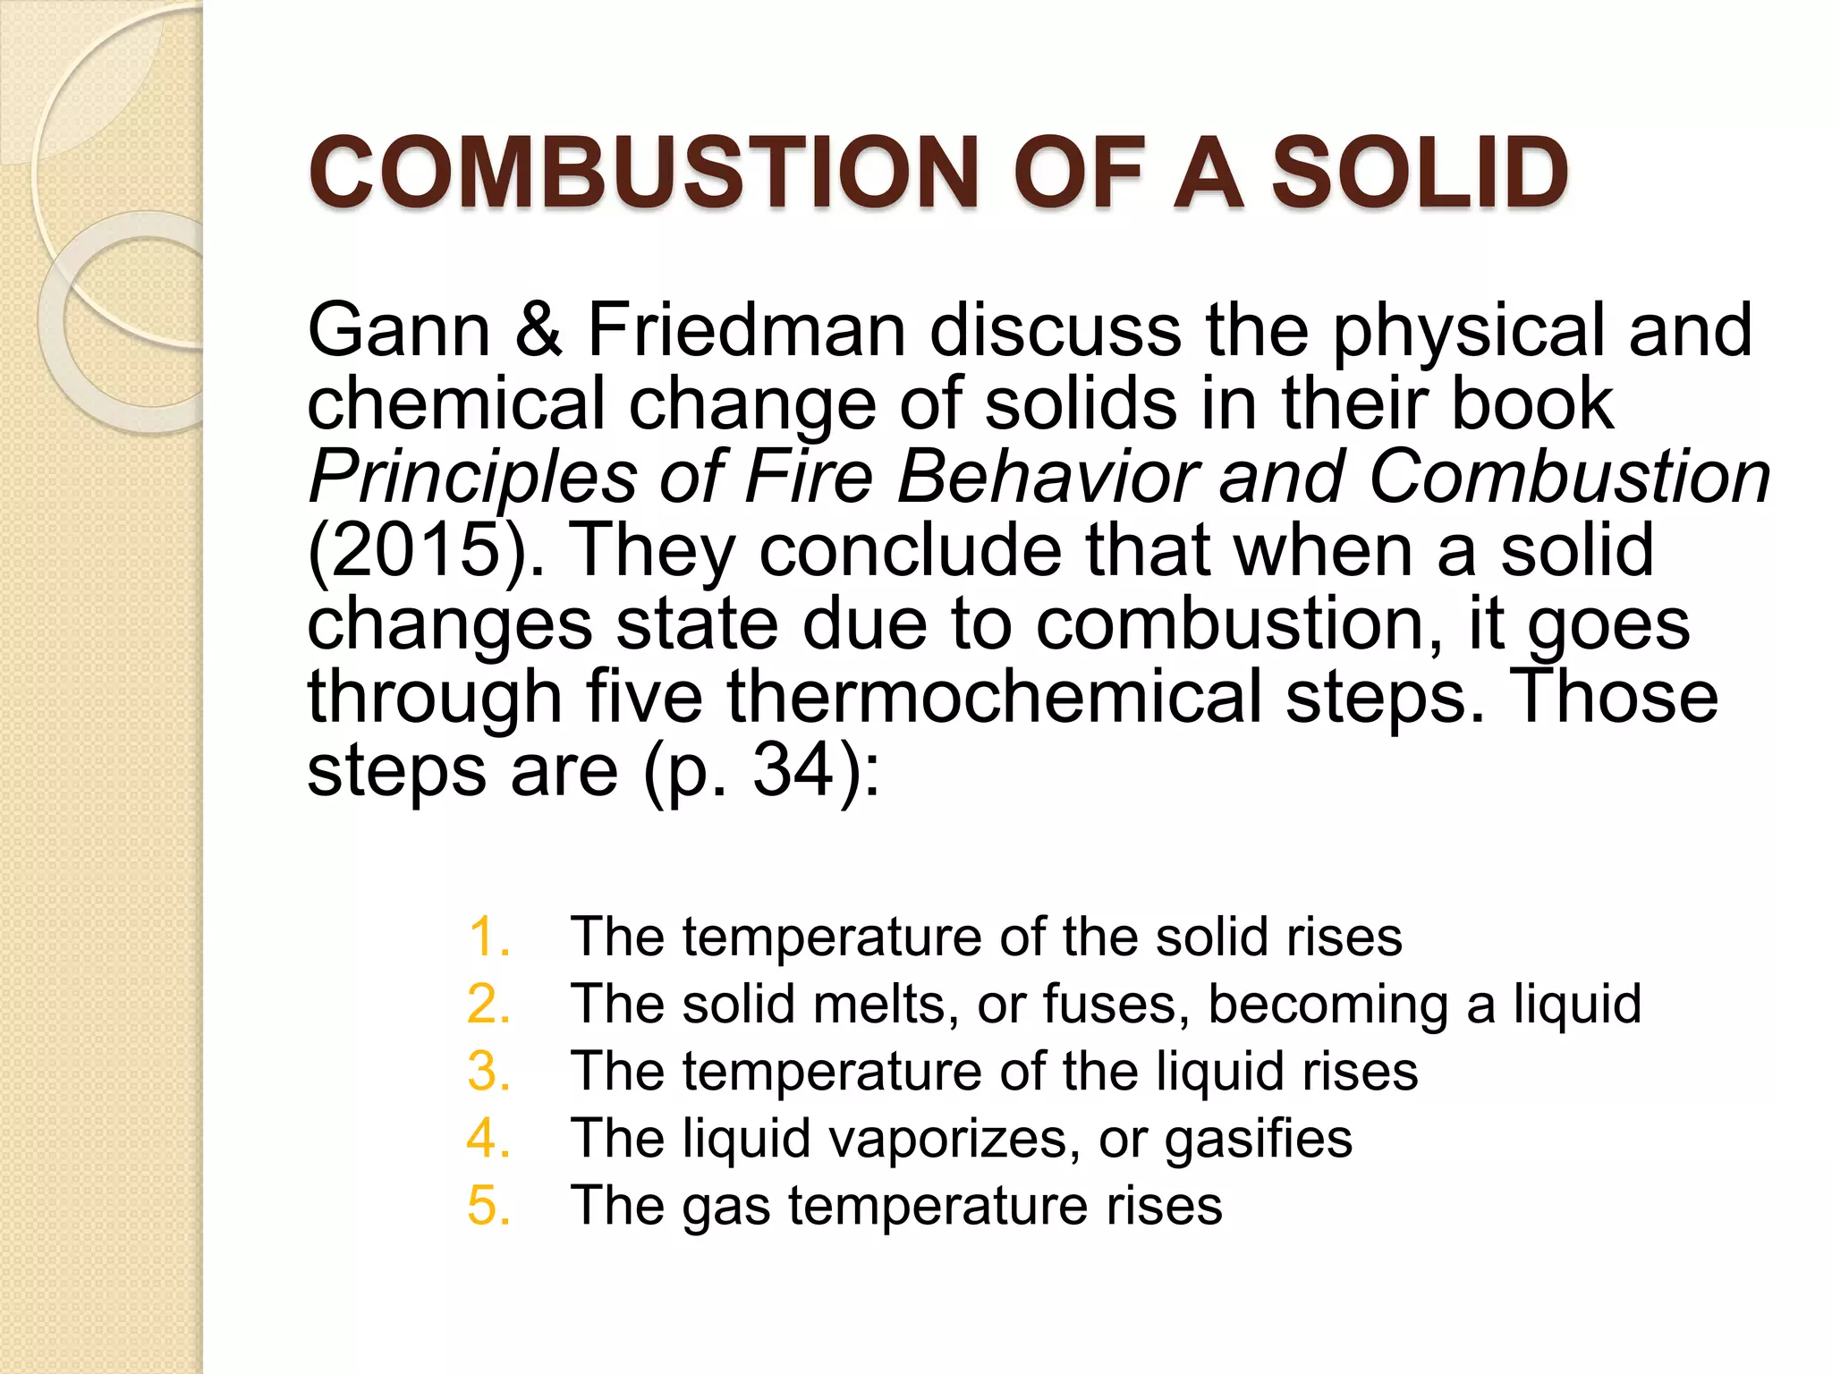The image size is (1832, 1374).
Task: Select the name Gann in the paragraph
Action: click(399, 330)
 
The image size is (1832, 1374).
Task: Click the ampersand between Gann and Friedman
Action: click(538, 330)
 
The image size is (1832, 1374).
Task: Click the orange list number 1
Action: click(488, 937)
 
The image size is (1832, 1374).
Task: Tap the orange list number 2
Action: click(488, 1004)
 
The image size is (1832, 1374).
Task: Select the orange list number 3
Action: click(488, 1071)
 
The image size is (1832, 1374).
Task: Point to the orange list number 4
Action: click(488, 1138)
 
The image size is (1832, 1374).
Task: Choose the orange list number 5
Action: click(488, 1205)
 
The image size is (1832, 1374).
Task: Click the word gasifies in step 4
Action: click(1258, 1140)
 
